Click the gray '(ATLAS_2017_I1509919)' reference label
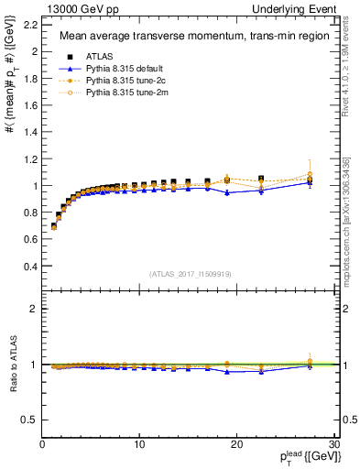tap(190, 272)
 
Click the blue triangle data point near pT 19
tap(227, 192)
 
